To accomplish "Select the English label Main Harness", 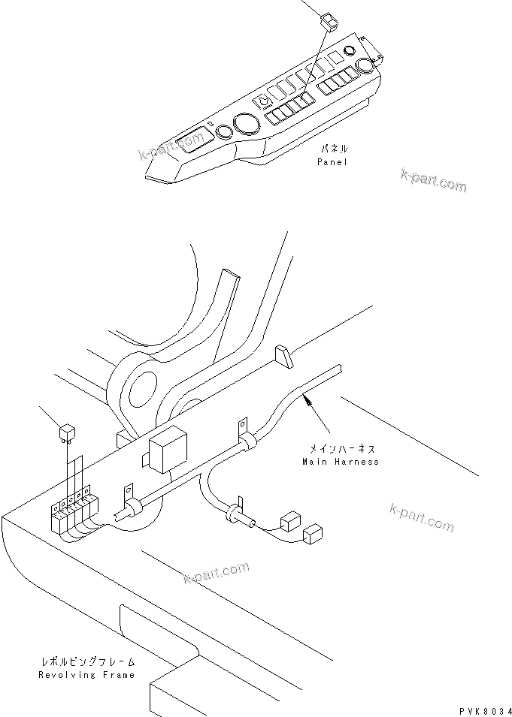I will (341, 462).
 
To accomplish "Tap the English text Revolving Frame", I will (87, 674).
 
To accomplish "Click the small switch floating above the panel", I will (330, 20).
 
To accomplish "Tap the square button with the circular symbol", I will (265, 101).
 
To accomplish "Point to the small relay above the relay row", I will (66, 431).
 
